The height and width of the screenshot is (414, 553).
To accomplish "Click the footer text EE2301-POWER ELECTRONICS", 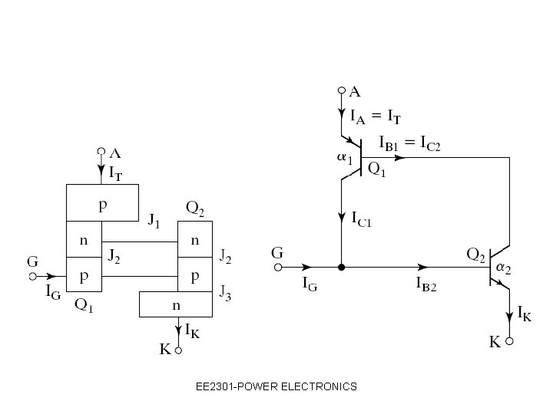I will [x=276, y=386].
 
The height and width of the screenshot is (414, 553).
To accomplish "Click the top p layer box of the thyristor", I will [x=102, y=202].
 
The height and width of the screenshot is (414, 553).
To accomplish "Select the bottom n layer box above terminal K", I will [x=177, y=304].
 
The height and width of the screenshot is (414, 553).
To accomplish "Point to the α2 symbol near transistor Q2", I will [x=504, y=268].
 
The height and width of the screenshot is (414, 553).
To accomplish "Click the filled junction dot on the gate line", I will [x=341, y=268].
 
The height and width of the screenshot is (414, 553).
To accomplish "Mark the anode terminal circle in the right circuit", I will [x=342, y=90].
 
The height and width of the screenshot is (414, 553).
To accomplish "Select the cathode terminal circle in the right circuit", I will [x=508, y=343].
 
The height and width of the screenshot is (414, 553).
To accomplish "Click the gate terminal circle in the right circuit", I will [x=278, y=268].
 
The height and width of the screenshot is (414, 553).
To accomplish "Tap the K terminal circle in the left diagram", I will [x=177, y=351].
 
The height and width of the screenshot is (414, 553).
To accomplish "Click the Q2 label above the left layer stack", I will [x=195, y=208].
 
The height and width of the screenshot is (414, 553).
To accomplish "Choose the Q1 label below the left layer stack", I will [x=84, y=304].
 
